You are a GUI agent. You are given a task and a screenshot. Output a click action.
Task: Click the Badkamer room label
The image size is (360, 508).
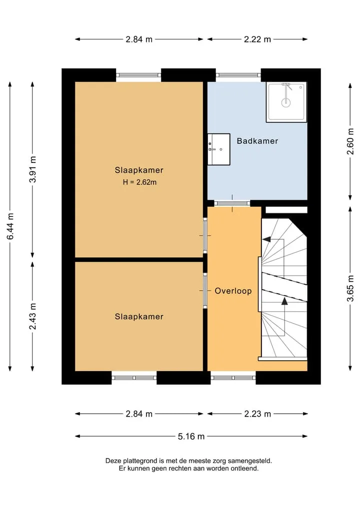[257, 141]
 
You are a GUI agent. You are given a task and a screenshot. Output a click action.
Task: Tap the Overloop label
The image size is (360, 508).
[233, 291]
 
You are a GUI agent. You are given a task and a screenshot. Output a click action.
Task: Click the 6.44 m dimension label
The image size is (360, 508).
[10, 226]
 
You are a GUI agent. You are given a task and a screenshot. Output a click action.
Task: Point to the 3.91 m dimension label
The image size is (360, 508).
[33, 169]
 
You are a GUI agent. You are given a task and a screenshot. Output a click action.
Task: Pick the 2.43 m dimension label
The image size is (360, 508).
[33, 316]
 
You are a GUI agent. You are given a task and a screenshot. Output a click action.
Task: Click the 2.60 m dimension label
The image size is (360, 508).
[350, 141]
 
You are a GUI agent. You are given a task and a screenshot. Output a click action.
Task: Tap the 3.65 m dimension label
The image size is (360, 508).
[350, 288]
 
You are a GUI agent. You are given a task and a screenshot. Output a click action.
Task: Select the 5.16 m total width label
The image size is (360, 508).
[191, 437]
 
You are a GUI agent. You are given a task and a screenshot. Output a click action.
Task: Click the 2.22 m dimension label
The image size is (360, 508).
[257, 39]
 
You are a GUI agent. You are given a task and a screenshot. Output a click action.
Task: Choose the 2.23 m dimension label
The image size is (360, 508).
[257, 414]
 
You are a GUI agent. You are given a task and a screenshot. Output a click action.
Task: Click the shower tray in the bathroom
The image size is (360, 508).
[286, 102]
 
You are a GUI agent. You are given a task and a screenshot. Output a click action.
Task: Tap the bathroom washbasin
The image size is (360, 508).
[219, 149]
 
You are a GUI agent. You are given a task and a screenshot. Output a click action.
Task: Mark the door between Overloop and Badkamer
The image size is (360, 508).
[232, 203]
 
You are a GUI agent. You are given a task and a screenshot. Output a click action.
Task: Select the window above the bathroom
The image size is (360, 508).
[238, 75]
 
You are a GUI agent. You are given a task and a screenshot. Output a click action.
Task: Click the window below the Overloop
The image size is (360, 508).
[233, 378]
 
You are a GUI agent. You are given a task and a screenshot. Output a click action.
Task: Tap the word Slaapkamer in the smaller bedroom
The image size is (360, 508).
[139, 317]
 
